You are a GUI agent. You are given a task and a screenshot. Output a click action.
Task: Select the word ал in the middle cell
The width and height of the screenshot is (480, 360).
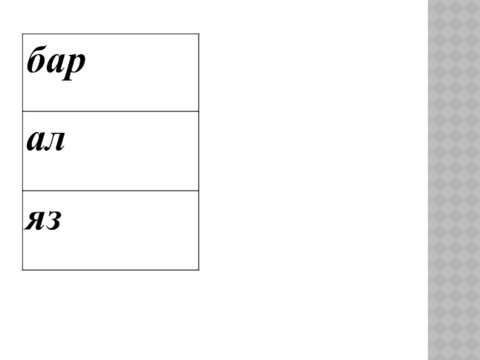(x=46, y=143)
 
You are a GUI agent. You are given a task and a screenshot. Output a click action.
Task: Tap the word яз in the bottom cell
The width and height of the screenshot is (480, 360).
(x=43, y=221)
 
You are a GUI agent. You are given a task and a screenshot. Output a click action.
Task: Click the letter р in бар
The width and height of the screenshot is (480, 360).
(x=75, y=66)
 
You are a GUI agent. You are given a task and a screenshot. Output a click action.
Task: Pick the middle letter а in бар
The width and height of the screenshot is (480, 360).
(x=55, y=65)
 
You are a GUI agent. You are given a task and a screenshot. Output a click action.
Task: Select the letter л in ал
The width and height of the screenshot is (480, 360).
(x=55, y=143)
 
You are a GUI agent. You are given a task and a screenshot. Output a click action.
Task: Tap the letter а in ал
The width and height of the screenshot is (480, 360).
(x=35, y=143)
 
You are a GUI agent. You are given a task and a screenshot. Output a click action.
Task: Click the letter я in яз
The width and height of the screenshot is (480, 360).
(x=34, y=222)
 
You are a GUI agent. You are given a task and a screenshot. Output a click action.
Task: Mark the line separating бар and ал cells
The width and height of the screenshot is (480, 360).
(x=110, y=111)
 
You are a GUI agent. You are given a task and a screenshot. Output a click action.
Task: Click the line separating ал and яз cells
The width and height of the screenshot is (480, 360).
(x=110, y=191)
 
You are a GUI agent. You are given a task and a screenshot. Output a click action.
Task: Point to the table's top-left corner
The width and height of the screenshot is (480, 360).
(x=22, y=34)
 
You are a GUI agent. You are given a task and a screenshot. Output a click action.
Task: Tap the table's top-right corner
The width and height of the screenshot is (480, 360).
(x=199, y=34)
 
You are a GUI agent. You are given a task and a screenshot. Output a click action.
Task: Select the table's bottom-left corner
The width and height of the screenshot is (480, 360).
(x=22, y=269)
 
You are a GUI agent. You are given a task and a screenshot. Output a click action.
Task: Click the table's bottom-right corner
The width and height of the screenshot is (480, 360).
(x=199, y=269)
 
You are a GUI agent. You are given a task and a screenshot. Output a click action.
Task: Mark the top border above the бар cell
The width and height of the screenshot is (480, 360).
(x=110, y=34)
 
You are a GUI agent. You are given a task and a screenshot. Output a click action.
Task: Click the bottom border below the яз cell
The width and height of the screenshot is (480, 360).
(x=110, y=269)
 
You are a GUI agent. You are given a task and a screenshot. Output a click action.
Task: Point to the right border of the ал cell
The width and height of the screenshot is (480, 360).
(x=199, y=151)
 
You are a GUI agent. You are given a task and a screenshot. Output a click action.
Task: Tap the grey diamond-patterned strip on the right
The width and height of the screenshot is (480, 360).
(x=454, y=180)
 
